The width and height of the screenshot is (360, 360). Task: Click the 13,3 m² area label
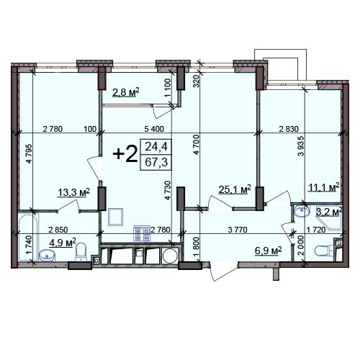click(73, 192)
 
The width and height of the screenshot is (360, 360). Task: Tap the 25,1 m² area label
click(235, 189)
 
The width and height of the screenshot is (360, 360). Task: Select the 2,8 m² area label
click(126, 92)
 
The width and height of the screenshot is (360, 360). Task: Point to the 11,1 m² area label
click(324, 187)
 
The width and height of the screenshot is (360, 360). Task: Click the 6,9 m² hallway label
click(268, 251)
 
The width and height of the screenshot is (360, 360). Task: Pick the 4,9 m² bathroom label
click(63, 243)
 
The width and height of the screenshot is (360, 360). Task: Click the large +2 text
click(125, 154)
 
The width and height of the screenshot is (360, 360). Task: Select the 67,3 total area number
click(156, 163)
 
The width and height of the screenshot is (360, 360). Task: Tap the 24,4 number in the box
click(156, 146)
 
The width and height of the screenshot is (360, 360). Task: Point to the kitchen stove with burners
click(142, 233)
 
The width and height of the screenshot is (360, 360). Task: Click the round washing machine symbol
click(171, 256)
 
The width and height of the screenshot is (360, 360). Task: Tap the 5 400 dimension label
click(154, 129)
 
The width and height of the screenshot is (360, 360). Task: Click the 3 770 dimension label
click(238, 230)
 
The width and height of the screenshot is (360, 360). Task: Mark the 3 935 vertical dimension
click(301, 146)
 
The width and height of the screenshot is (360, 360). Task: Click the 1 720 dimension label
click(316, 230)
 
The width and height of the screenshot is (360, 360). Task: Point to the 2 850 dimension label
click(58, 230)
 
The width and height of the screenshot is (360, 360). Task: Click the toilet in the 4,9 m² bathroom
click(81, 251)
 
